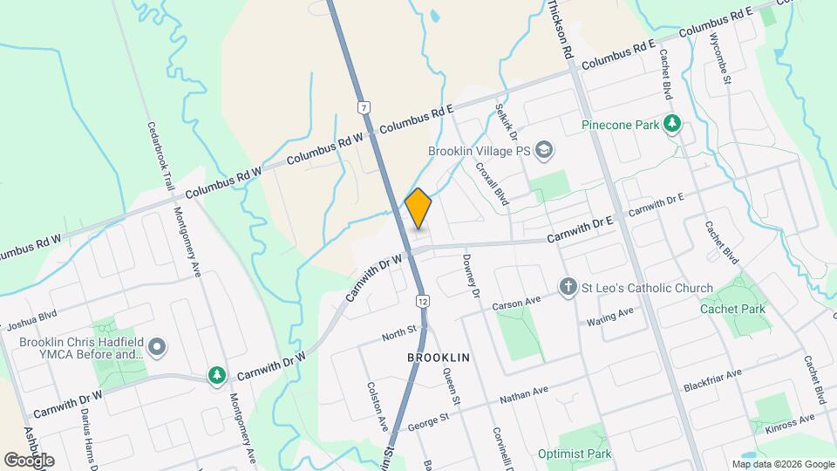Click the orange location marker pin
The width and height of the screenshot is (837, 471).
point(418,208)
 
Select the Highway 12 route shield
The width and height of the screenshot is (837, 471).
point(421,299)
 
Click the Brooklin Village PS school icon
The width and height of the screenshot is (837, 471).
point(545,150)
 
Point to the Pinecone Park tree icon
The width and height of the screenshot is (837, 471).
point(671,125)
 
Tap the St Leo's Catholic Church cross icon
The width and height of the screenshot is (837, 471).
point(568,288)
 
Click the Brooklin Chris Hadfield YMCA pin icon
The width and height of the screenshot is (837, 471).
point(157,348)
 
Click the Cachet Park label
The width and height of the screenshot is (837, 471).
point(732,309)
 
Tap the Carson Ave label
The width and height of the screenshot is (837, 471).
point(517,304)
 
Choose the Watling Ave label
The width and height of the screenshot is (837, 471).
point(609,321)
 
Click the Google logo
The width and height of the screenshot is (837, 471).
point(28,460)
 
